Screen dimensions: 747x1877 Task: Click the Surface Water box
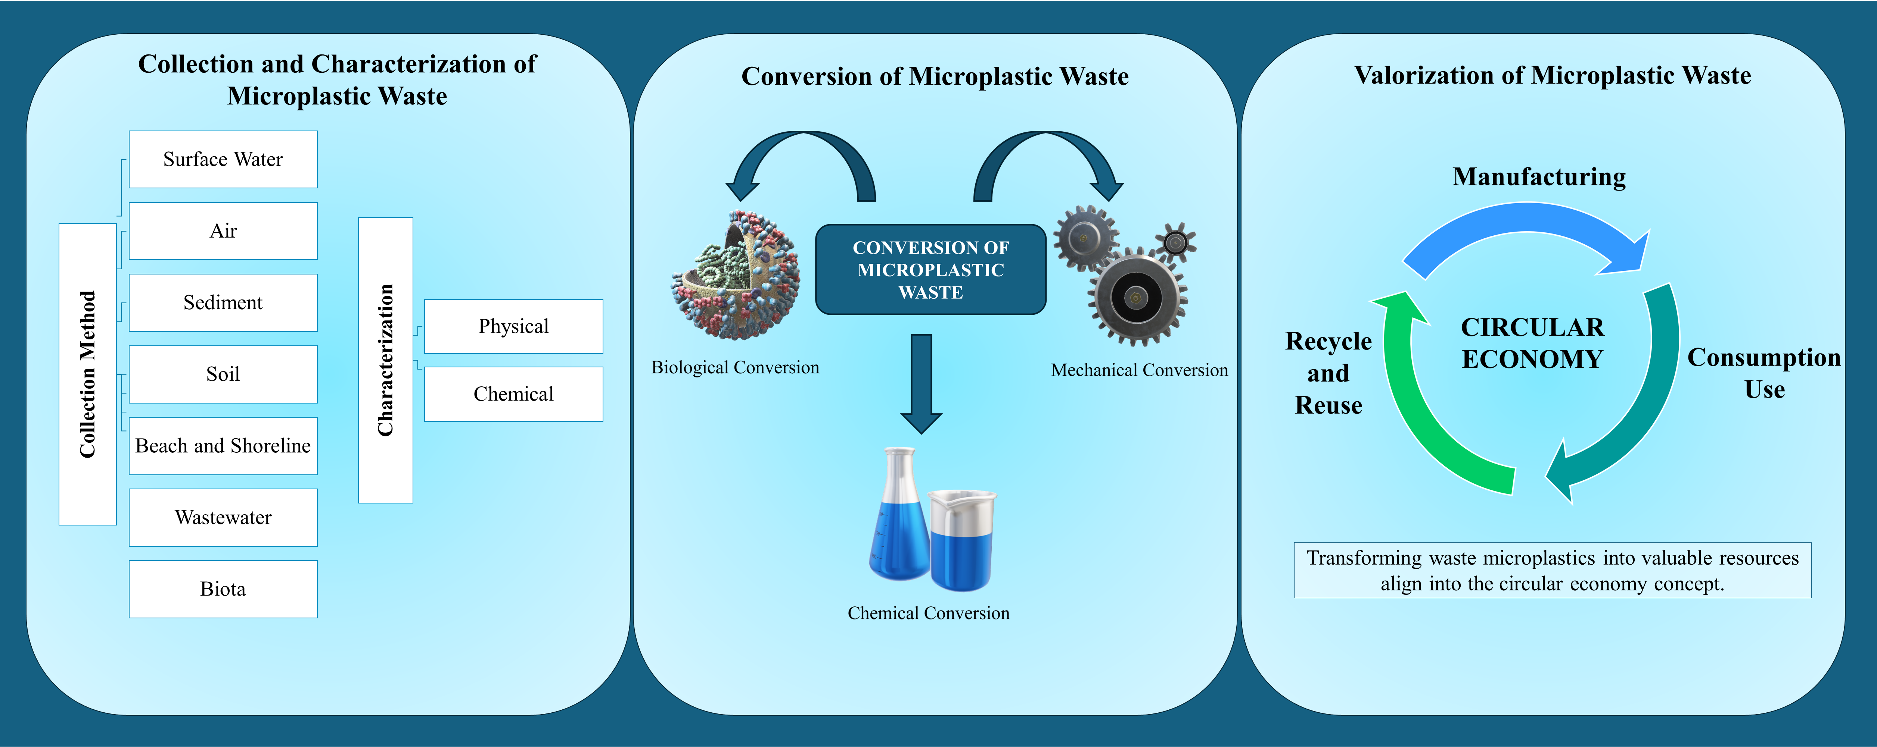pos(223,160)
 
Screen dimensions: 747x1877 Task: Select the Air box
pos(223,231)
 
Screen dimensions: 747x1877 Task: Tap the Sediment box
pos(223,302)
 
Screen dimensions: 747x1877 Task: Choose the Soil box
pos(223,374)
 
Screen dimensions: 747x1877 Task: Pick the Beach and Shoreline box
pos(223,446)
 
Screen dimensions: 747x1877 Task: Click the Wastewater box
pos(223,517)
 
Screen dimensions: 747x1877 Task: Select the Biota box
pos(223,589)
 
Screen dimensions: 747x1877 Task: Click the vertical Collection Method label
pos(87,374)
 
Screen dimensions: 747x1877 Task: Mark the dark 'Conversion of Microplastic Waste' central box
pos(930,269)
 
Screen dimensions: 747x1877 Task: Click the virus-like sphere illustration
pos(736,277)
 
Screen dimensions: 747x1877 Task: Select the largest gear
pos(1137,297)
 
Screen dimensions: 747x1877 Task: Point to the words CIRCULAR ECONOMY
pos(1532,343)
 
